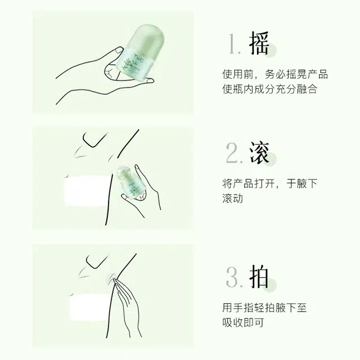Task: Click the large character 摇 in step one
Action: click(x=259, y=43)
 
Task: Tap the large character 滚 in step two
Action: click(x=259, y=152)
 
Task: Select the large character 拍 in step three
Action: click(x=259, y=276)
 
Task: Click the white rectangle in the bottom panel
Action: click(x=89, y=307)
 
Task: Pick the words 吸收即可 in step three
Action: click(x=243, y=322)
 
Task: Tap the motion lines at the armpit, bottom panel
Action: click(x=111, y=278)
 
